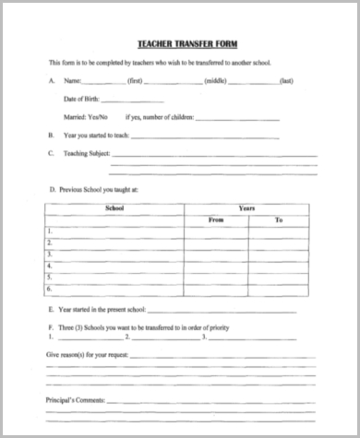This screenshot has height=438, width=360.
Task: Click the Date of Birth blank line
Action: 139,100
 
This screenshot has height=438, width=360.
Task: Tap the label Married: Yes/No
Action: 85,117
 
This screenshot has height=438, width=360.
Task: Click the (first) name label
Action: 134,81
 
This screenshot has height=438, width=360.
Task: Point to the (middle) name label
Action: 215,81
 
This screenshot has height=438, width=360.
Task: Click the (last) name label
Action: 287,81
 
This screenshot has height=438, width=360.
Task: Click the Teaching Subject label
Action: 83,153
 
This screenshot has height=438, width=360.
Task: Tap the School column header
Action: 114,209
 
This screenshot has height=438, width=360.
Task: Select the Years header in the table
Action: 246,209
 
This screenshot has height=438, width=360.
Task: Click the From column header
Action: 216,220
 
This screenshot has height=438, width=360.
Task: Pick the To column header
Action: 279,220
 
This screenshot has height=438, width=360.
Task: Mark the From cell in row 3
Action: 216,254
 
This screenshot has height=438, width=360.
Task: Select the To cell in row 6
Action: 279,287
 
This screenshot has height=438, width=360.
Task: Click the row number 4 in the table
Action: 49,265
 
